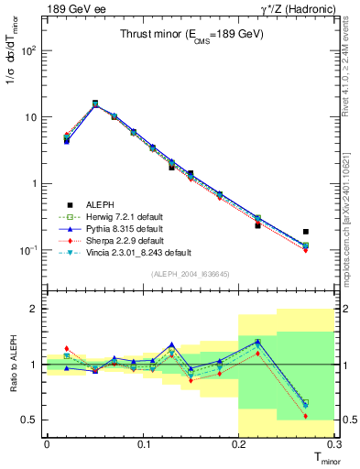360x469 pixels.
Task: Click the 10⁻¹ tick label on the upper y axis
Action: click(x=29, y=250)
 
